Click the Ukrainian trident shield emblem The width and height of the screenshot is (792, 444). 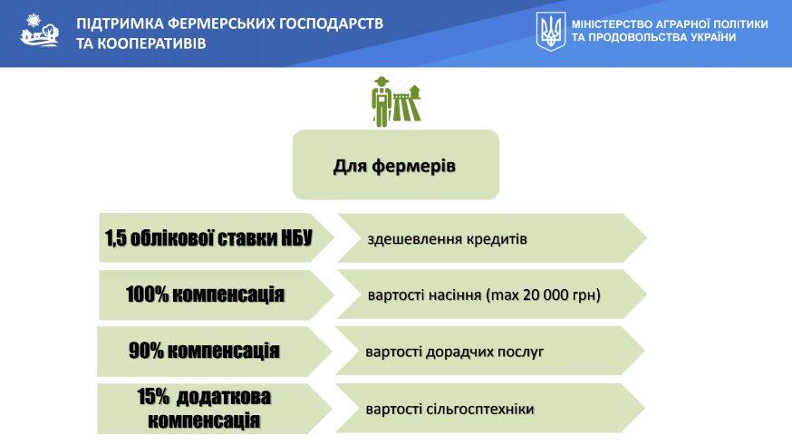click(x=551, y=32)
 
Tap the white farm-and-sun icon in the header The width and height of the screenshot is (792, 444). click(x=39, y=30)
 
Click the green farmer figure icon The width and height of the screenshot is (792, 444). click(x=396, y=101)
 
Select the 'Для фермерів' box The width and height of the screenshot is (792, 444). click(x=396, y=165)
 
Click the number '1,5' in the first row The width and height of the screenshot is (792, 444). click(x=116, y=238)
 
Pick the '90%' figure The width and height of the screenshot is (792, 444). click(x=146, y=351)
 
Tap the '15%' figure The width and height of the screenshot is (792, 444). click(x=153, y=397)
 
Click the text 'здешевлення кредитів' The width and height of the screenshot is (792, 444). click(x=447, y=239)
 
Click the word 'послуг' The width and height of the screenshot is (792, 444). click(x=521, y=352)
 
